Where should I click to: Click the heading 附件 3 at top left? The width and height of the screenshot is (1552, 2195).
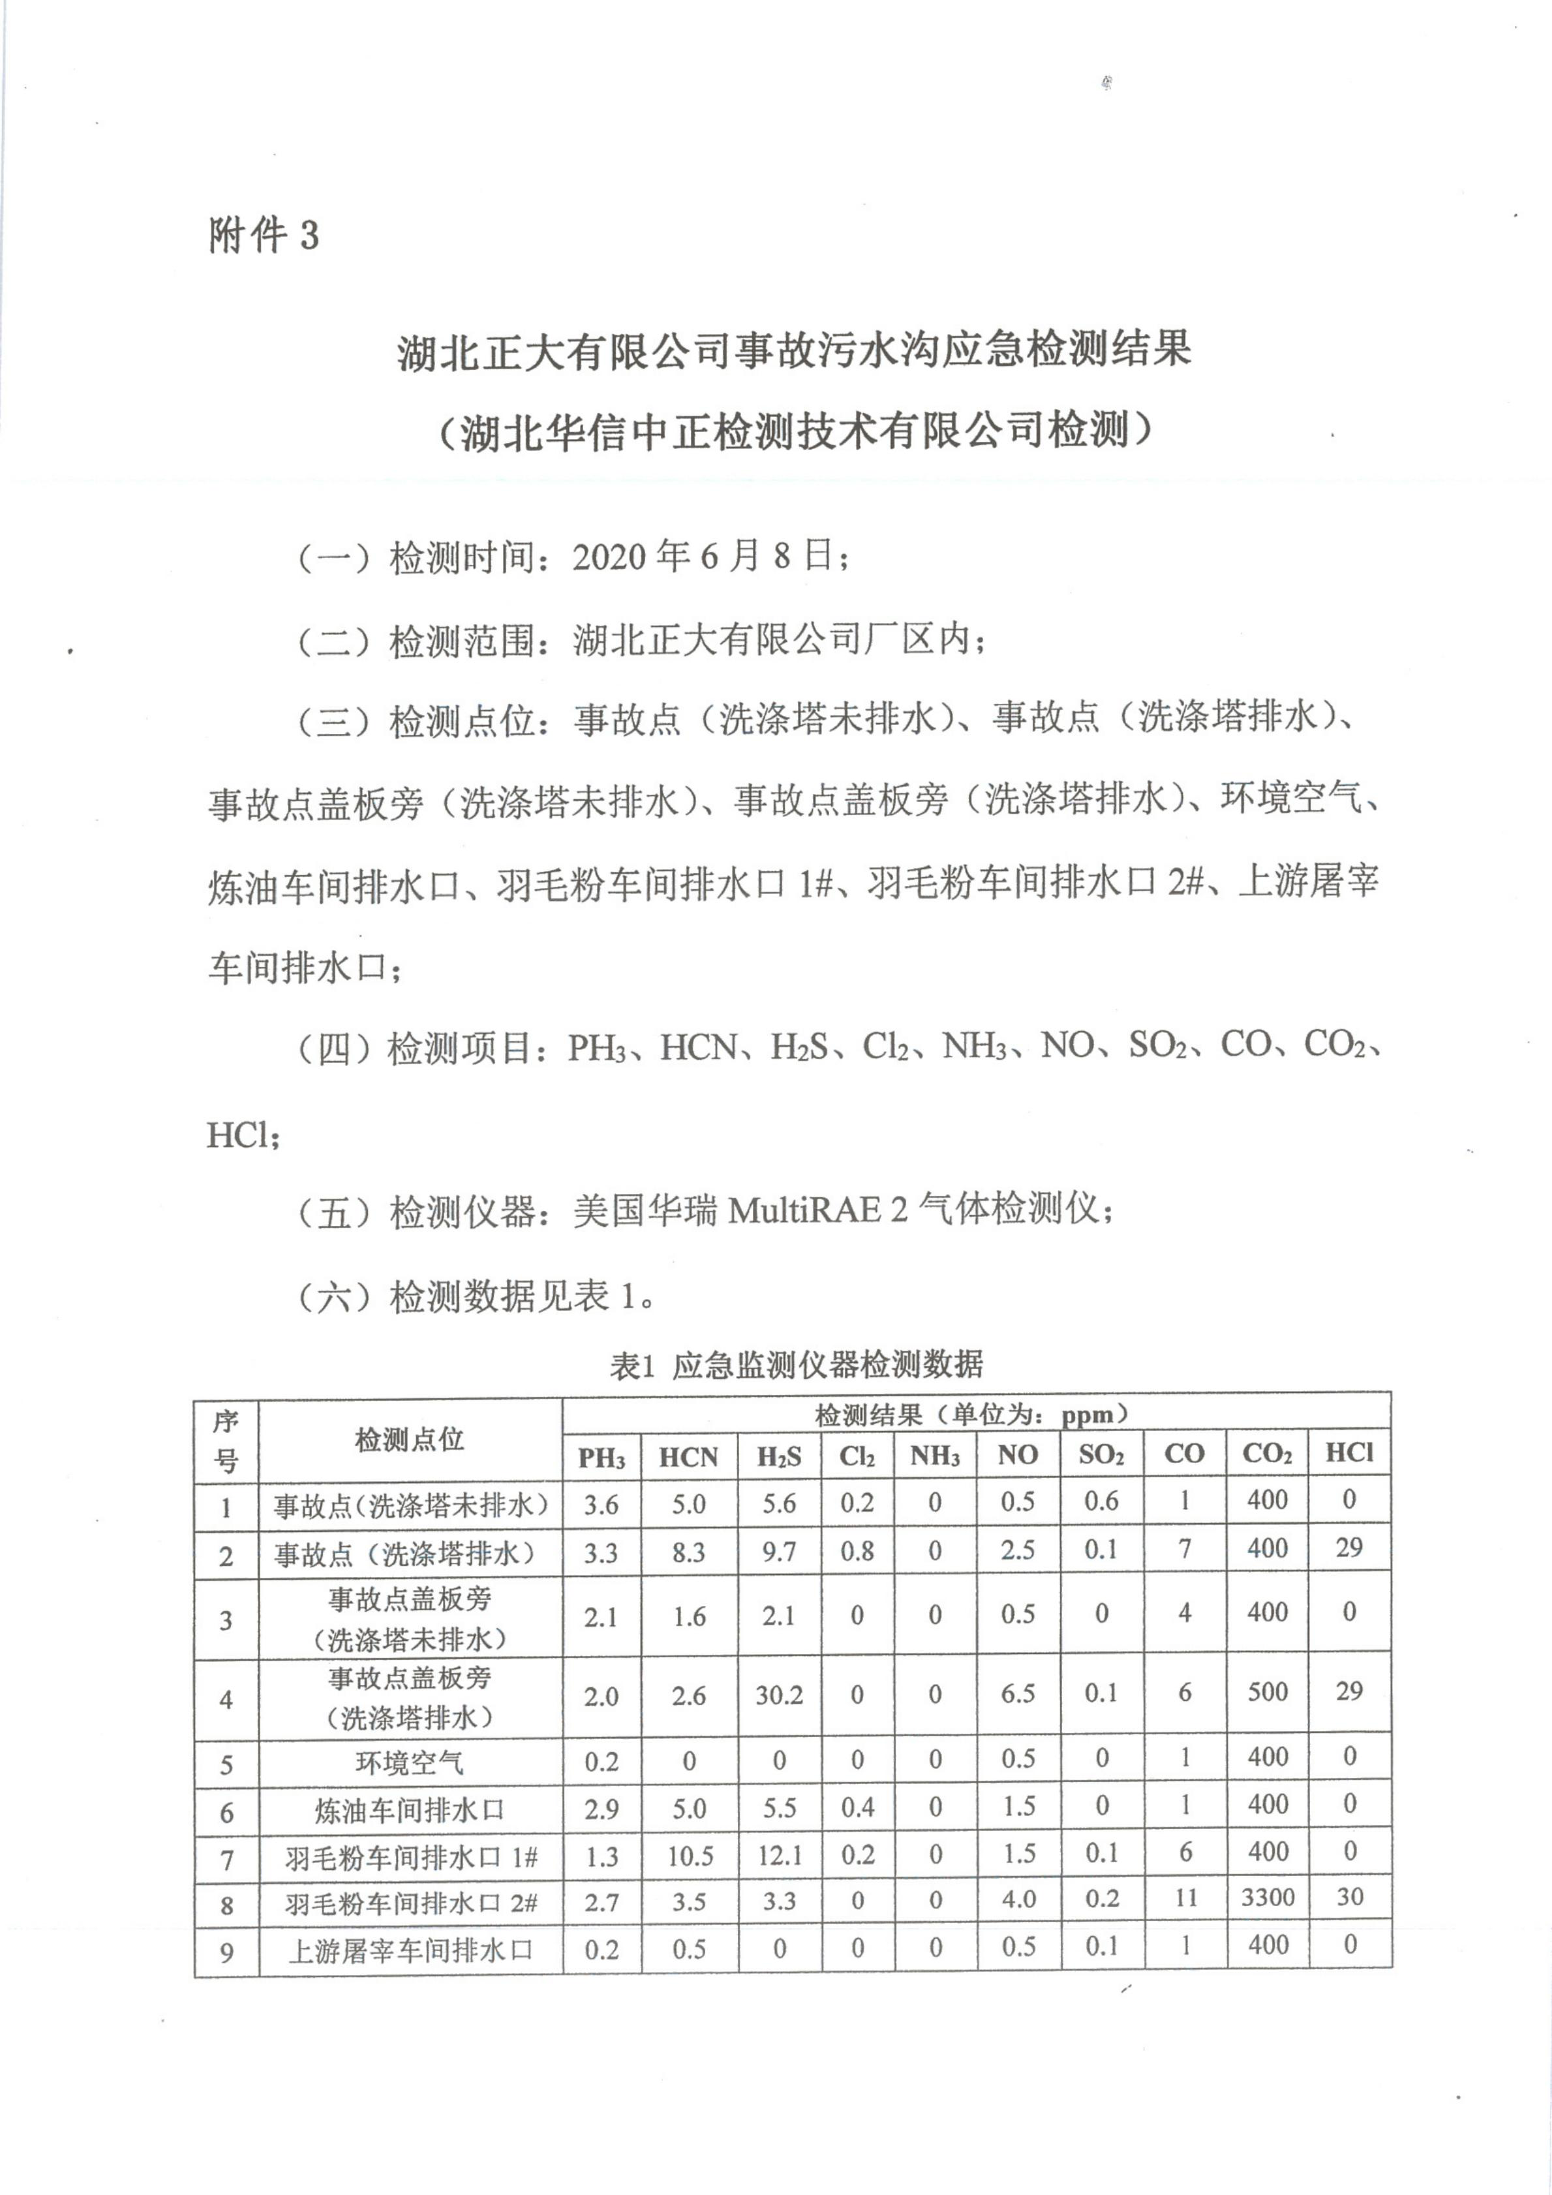tap(264, 234)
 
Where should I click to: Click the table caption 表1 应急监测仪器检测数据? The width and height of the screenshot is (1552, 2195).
tap(796, 1364)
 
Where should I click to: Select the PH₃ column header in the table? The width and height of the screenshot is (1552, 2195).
tap(601, 1457)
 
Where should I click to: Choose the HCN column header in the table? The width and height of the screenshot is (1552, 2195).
tap(688, 1457)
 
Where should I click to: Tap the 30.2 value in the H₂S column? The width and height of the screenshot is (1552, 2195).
tap(779, 1695)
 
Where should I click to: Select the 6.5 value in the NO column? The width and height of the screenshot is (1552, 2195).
tap(1018, 1693)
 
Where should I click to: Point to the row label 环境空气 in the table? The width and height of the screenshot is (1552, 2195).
tap(410, 1762)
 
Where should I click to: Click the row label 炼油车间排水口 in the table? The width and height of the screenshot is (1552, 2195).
tap(410, 1810)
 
